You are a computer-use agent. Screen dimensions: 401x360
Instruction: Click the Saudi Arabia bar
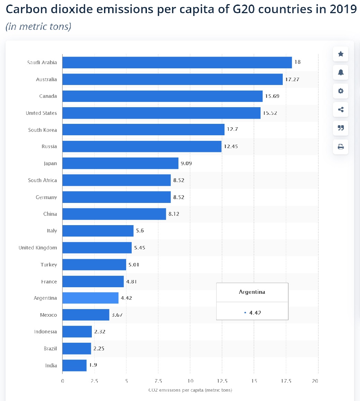pos(177,62)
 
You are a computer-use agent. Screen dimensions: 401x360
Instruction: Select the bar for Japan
pos(120,163)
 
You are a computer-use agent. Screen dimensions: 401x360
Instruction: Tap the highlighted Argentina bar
pos(90,298)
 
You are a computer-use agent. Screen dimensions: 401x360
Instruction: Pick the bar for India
pos(74,365)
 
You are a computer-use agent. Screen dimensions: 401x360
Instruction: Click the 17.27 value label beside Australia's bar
pos(292,79)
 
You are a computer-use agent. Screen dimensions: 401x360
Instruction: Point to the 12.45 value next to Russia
pos(231,146)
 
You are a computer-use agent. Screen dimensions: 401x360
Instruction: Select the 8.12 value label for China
pos(174,214)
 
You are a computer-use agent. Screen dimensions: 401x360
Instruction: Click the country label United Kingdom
pos(38,248)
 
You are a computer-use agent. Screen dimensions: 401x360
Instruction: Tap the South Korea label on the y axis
pos(43,130)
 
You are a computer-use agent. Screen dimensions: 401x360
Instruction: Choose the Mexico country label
pos(49,315)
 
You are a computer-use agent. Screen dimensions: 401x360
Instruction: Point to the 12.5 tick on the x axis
pos(222,381)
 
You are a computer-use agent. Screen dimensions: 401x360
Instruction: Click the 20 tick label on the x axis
pos(315,381)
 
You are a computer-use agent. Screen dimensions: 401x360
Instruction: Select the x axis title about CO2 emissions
pos(190,390)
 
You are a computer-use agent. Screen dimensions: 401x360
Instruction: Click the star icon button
pos(341,54)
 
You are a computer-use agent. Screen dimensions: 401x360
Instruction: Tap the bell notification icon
pos(341,72)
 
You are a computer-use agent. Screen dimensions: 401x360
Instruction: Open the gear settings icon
pos(341,91)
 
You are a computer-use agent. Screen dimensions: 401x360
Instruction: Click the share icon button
pos(341,110)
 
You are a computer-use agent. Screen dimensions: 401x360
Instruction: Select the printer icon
pos(341,147)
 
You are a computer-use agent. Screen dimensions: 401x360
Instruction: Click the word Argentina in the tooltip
pos(252,292)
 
